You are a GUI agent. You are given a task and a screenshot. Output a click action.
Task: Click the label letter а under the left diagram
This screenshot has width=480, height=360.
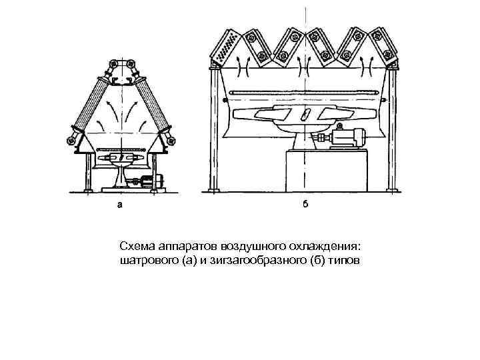tap(119, 205)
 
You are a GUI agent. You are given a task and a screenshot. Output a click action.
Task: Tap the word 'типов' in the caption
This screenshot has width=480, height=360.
tap(345, 259)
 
